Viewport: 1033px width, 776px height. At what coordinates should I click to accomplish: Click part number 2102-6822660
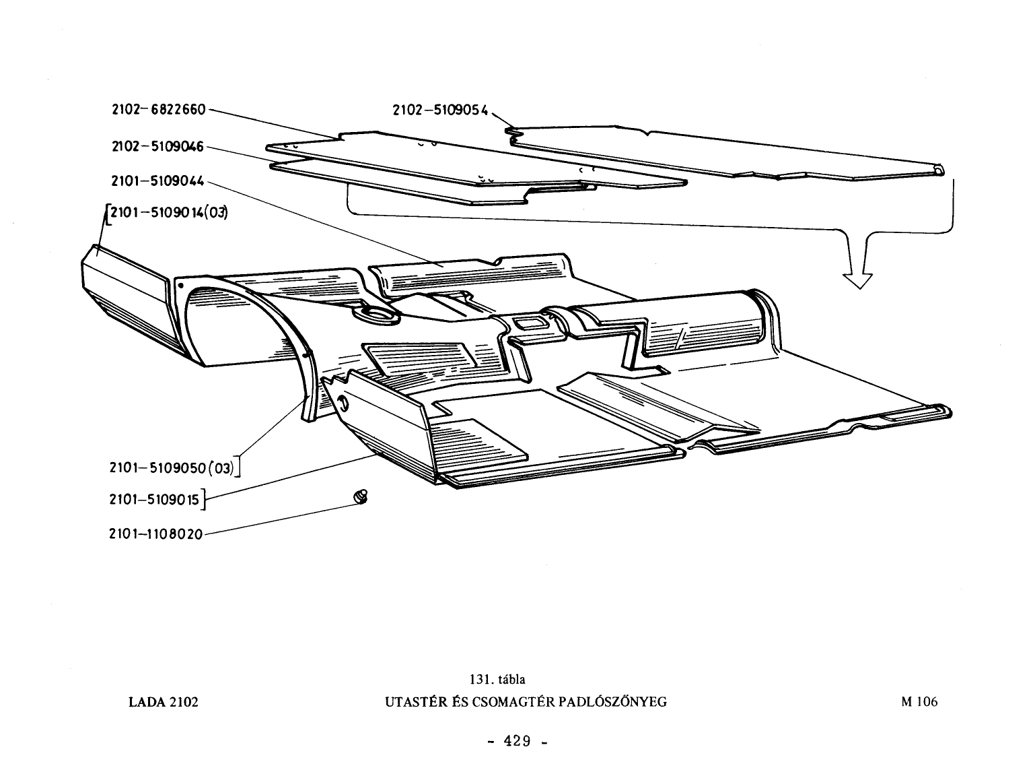(159, 110)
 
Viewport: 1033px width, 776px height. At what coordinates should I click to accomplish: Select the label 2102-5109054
(441, 110)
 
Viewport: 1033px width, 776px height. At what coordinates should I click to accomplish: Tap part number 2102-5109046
(157, 146)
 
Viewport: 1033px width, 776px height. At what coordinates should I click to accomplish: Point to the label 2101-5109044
(157, 181)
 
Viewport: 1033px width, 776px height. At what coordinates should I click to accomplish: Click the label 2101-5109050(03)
(172, 467)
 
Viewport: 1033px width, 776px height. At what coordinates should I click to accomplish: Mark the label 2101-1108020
(155, 534)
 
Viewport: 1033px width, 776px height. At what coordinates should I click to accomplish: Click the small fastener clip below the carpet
(361, 496)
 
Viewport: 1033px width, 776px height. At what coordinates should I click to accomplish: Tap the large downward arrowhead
(857, 280)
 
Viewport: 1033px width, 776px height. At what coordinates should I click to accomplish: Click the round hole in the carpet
(376, 315)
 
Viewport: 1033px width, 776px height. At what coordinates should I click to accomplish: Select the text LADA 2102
(164, 702)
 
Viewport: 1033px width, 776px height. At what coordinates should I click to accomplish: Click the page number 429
(517, 741)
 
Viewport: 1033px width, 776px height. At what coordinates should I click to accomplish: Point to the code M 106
(919, 702)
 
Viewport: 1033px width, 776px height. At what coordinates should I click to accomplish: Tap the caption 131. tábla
(497, 680)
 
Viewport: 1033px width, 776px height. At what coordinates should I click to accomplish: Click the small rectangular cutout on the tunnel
(530, 323)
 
